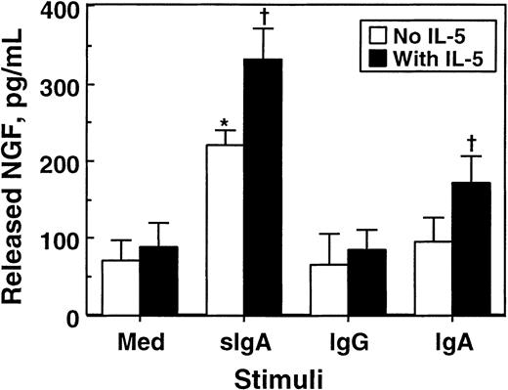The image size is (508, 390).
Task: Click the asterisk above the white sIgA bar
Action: click(x=225, y=123)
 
